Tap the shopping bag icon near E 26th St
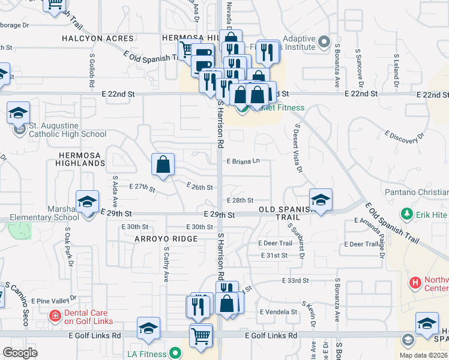click(x=163, y=164)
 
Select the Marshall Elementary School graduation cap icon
click(x=87, y=202)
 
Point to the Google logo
click(x=20, y=353)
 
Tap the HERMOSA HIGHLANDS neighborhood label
click(x=80, y=159)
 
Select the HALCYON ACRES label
click(x=93, y=38)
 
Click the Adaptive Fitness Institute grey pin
click(x=324, y=42)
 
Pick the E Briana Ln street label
click(x=243, y=161)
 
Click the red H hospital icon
click(x=414, y=282)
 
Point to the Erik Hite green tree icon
click(x=406, y=214)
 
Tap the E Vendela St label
click(x=279, y=312)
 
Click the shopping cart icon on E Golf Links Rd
click(x=201, y=336)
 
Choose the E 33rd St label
click(x=295, y=280)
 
